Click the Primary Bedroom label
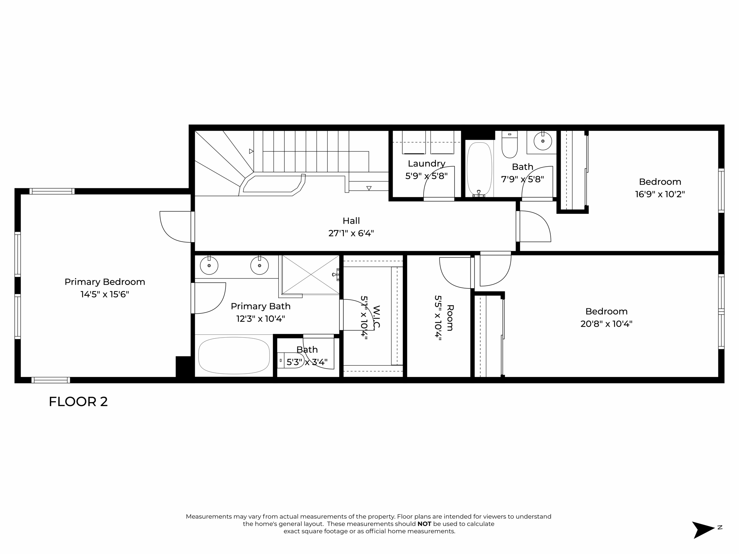[x=105, y=282]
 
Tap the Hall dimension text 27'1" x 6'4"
[x=351, y=233]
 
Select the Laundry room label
[x=427, y=164]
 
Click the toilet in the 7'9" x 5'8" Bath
[x=510, y=145]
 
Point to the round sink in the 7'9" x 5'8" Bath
[x=542, y=141]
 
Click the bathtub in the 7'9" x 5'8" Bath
[x=479, y=169]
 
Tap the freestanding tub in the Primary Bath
[x=234, y=356]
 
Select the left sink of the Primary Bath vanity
[x=209, y=266]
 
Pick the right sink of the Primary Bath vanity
[x=259, y=266]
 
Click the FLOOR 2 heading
[x=78, y=402]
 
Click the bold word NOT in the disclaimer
[x=424, y=524]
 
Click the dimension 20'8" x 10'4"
[x=606, y=324]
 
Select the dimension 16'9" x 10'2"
[x=660, y=194]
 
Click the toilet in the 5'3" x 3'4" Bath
[x=291, y=360]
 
